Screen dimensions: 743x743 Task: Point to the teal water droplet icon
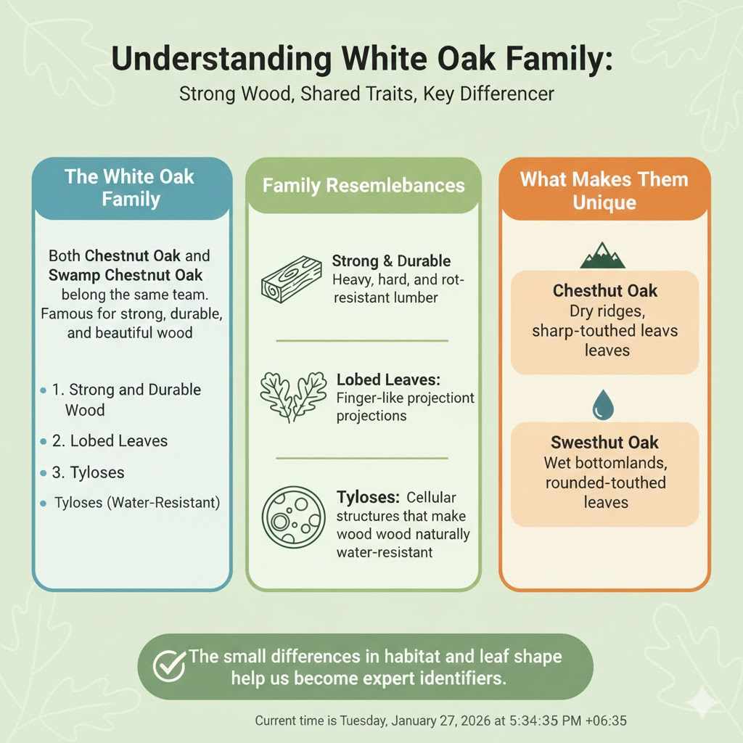pos(602,405)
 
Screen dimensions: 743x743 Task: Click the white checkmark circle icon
pos(168,665)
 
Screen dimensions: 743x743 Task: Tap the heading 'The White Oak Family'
pos(131,187)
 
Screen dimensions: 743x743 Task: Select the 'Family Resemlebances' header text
pos(364,186)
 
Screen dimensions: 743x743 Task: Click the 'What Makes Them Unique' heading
pos(604,190)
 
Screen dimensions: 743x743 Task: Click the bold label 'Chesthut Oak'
pos(604,291)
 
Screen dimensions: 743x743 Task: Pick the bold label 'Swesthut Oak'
pos(604,443)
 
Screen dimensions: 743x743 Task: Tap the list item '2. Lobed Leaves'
pos(110,440)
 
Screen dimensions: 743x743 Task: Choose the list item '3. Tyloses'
pos(88,472)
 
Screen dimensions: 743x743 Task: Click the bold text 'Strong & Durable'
pos(391,261)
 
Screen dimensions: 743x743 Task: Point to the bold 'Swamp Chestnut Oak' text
pos(126,276)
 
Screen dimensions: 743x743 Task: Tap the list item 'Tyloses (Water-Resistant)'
pos(137,502)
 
